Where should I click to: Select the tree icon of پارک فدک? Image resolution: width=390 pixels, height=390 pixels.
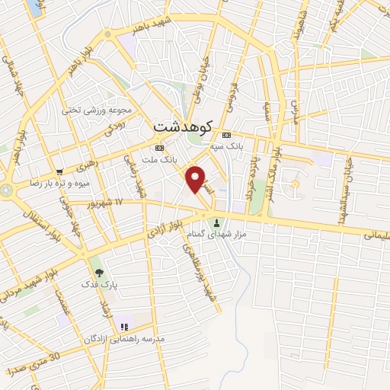[x=97, y=271]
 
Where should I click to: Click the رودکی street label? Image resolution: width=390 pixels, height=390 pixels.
[x=115, y=129]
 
